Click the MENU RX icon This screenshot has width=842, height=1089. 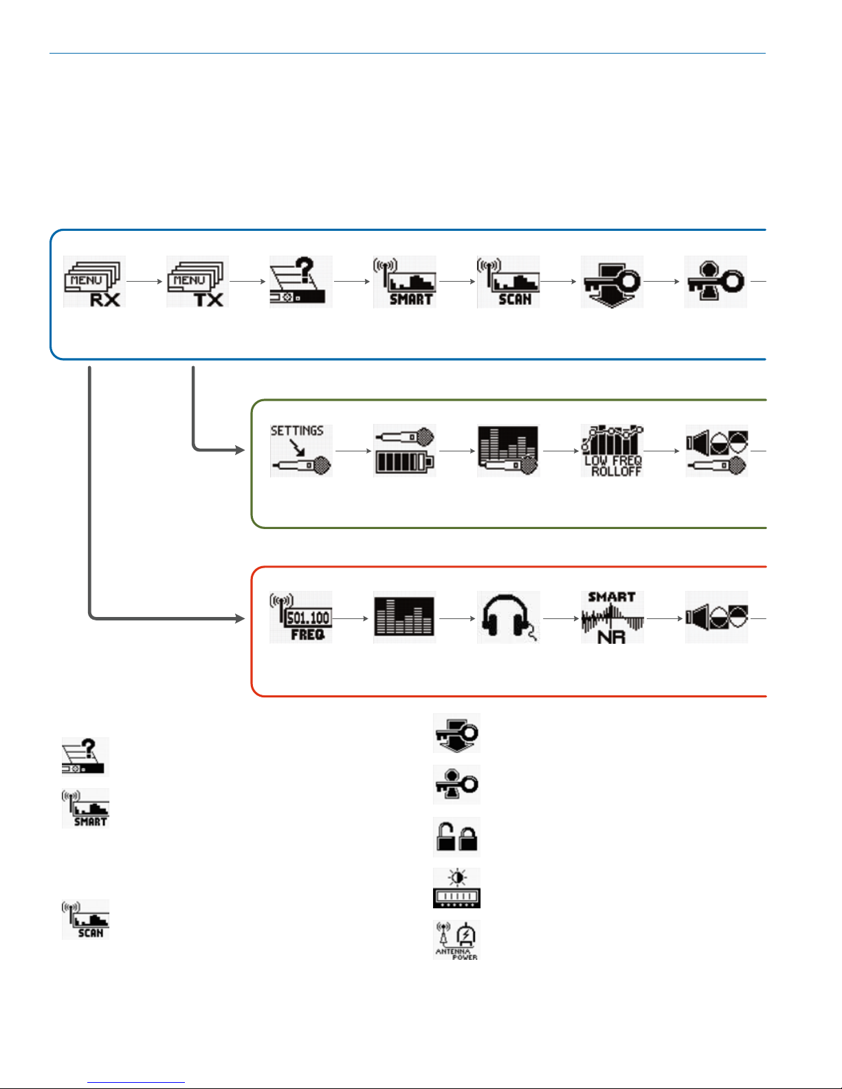(x=94, y=282)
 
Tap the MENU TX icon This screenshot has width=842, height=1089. (x=197, y=282)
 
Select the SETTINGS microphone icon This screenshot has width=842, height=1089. (x=301, y=451)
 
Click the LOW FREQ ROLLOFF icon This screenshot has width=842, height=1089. (x=612, y=451)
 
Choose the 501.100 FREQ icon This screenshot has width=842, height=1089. (x=301, y=617)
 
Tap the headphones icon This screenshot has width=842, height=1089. (x=508, y=617)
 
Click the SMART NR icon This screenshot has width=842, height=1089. (x=612, y=617)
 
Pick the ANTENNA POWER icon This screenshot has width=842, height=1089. (x=456, y=940)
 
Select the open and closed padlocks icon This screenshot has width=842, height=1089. (x=456, y=837)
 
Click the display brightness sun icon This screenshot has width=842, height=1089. (x=456, y=888)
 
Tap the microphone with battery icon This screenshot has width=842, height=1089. (x=404, y=451)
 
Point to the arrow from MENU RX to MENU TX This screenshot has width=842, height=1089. (x=144, y=282)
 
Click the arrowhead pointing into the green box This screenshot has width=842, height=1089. (x=240, y=450)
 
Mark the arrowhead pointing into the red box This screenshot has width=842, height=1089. (x=240, y=618)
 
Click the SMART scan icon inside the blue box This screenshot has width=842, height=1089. (x=404, y=282)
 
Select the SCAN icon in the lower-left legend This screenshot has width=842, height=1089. (x=85, y=919)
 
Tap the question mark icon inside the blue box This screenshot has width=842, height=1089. (x=301, y=282)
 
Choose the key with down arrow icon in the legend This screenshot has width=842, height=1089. (x=456, y=733)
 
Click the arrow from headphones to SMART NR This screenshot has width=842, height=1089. (x=560, y=618)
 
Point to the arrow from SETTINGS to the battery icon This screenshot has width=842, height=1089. (x=353, y=451)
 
